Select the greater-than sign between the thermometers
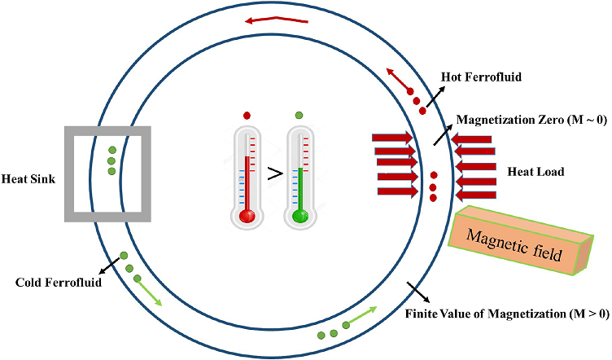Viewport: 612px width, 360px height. [275, 173]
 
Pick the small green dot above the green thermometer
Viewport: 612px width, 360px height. [299, 115]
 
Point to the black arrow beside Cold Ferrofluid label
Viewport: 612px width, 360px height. [107, 268]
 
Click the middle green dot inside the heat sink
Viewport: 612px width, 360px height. [112, 160]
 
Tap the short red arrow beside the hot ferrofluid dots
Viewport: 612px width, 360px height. [397, 79]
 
